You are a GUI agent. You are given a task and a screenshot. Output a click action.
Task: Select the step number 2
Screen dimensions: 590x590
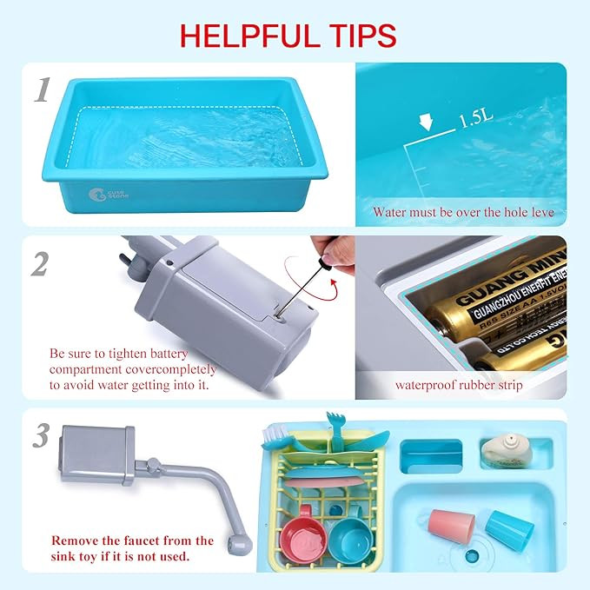40,264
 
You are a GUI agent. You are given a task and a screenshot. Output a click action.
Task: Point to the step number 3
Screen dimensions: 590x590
41,436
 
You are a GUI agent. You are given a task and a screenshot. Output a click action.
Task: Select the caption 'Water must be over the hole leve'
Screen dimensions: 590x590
462,212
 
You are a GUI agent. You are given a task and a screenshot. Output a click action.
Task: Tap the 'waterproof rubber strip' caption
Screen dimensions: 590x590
459,384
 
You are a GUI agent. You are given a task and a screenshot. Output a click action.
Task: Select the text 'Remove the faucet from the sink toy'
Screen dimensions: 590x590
132,547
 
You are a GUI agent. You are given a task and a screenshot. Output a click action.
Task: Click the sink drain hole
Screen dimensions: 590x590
472,556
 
